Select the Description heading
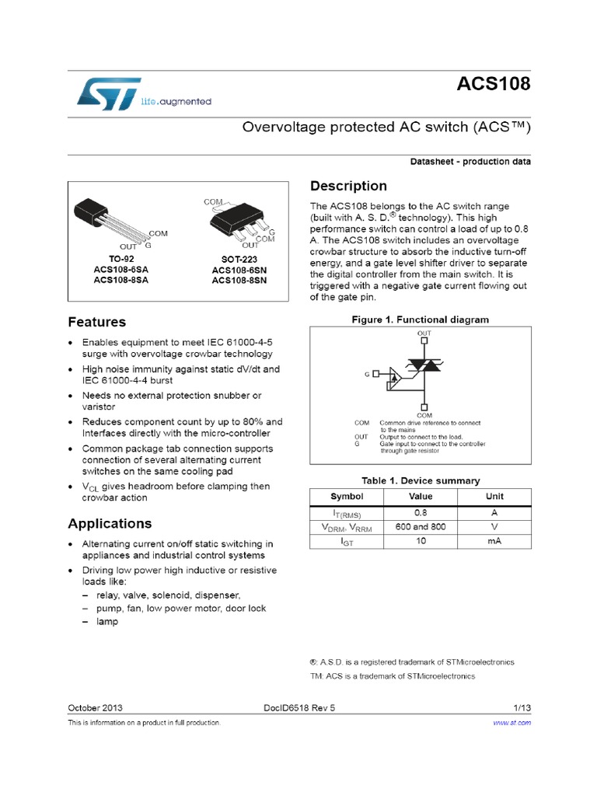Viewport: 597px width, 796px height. coord(348,186)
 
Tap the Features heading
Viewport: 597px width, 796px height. coord(96,321)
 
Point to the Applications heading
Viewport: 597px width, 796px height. coord(110,522)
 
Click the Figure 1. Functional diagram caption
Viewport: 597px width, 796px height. coord(420,319)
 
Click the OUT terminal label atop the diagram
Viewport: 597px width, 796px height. coord(424,333)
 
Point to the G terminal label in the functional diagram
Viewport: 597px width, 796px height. coord(366,374)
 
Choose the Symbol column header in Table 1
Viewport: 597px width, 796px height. coord(347,496)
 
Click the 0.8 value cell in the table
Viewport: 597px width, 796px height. coord(421,513)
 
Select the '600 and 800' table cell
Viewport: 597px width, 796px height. coord(421,527)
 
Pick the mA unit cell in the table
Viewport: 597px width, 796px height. coord(494,541)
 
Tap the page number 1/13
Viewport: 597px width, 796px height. coord(522,708)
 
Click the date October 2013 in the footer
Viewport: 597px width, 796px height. coord(96,708)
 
